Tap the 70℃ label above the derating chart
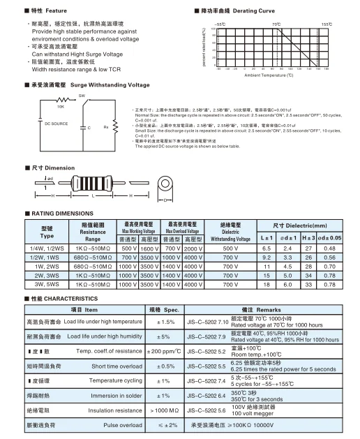tap(276, 24)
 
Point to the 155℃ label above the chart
tap(326, 24)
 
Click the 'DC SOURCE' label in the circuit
tap(56, 123)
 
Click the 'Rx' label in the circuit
tap(106, 128)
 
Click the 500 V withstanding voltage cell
tap(230, 248)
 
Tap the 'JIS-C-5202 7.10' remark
tap(209, 321)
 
